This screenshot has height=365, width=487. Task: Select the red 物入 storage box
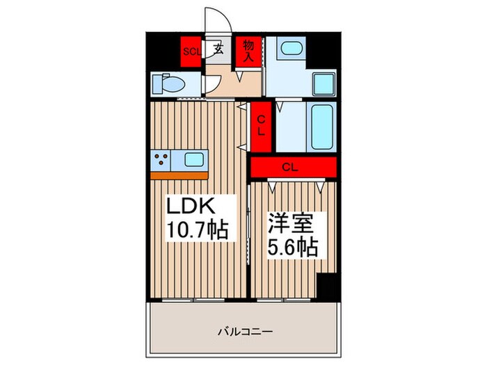pyautogui.click(x=248, y=50)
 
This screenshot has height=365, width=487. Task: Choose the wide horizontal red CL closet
pyautogui.click(x=292, y=167)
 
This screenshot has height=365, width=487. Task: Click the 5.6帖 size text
pyautogui.click(x=294, y=247)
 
